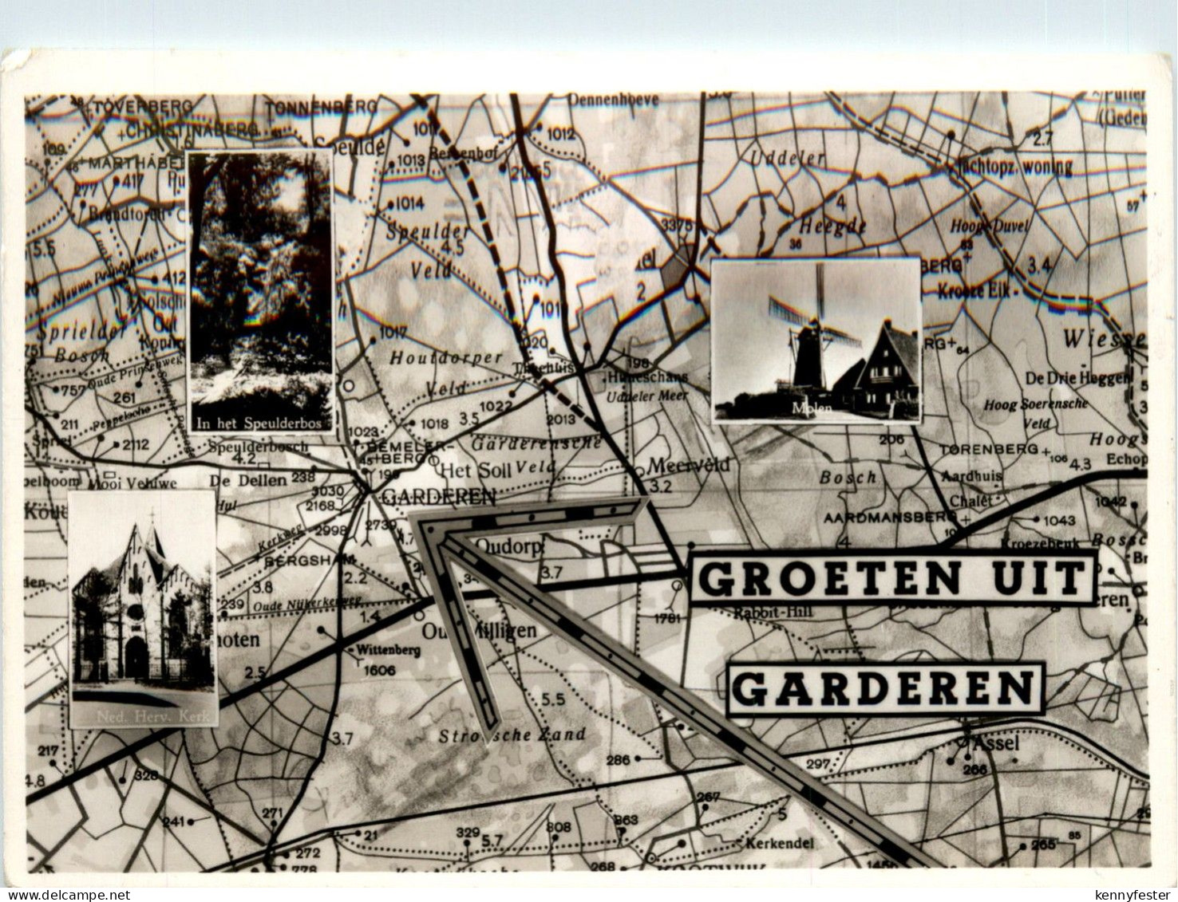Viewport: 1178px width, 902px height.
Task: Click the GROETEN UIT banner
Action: [x=892, y=577]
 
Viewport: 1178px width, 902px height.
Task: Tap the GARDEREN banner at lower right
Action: [x=886, y=687]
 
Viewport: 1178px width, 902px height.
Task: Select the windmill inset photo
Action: [x=816, y=341]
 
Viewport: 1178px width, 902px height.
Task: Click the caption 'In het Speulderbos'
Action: [x=260, y=423]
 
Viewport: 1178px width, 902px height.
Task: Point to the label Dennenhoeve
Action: [x=614, y=100]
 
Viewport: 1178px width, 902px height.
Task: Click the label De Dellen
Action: [x=247, y=480]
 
